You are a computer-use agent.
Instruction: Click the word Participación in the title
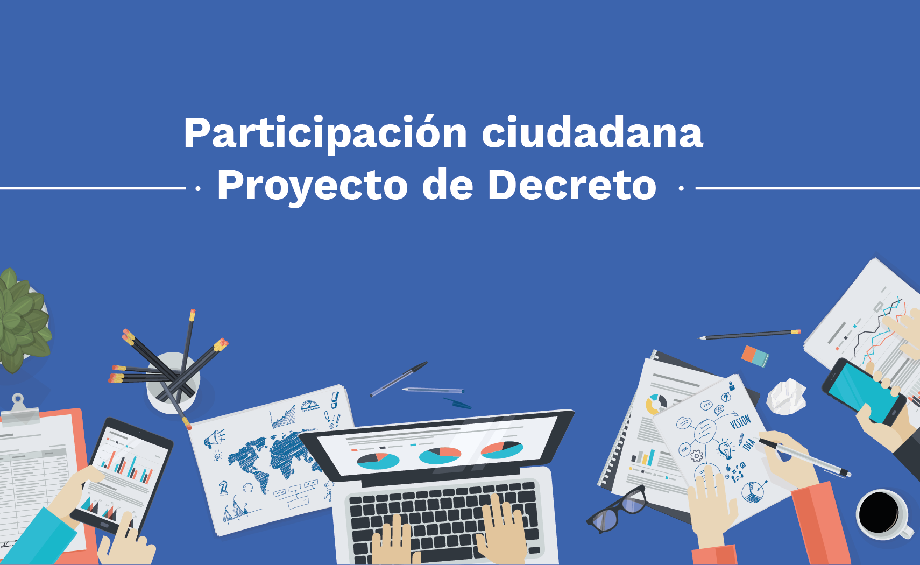click(x=325, y=133)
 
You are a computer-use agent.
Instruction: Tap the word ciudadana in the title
click(x=592, y=133)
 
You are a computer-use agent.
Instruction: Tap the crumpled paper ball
click(x=786, y=397)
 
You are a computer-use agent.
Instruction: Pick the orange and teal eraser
click(x=755, y=356)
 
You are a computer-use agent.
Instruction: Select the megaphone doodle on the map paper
click(x=215, y=439)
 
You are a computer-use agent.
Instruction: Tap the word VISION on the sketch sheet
click(x=740, y=421)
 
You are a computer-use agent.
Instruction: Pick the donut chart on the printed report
click(x=656, y=404)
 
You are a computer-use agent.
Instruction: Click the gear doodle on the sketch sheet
click(x=696, y=456)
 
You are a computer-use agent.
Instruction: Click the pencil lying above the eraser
click(x=750, y=335)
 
